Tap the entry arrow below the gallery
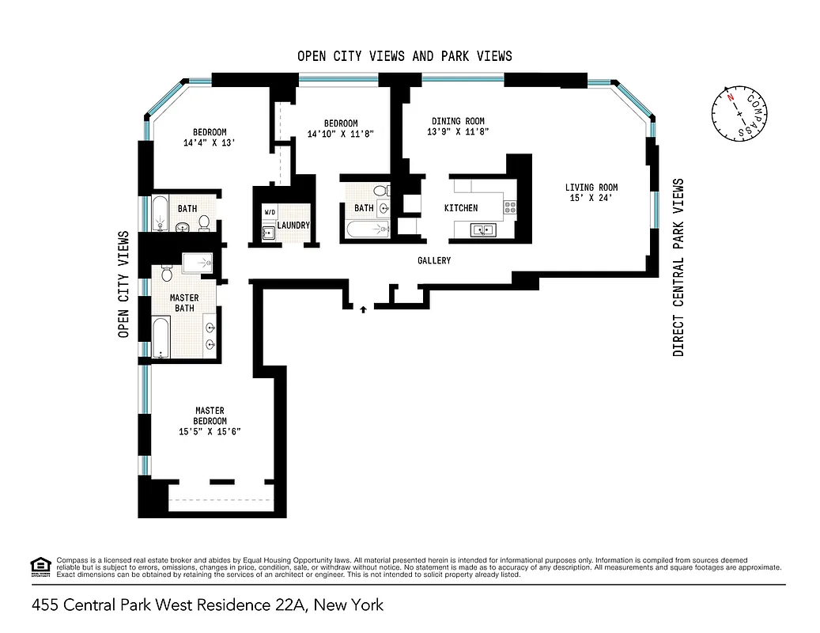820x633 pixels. tap(363, 309)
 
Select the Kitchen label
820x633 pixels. tap(461, 208)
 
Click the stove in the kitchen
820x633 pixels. tap(510, 208)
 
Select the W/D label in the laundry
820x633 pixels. tap(270, 213)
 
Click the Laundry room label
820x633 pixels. tap(293, 226)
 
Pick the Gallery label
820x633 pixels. tap(434, 260)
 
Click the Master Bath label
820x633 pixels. tap(184, 302)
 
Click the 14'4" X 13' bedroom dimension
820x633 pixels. tap(210, 143)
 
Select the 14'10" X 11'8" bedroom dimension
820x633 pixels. tap(340, 134)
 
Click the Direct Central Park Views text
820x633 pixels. tap(678, 267)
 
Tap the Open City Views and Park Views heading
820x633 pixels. tap(404, 56)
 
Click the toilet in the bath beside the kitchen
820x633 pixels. tap(380, 191)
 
